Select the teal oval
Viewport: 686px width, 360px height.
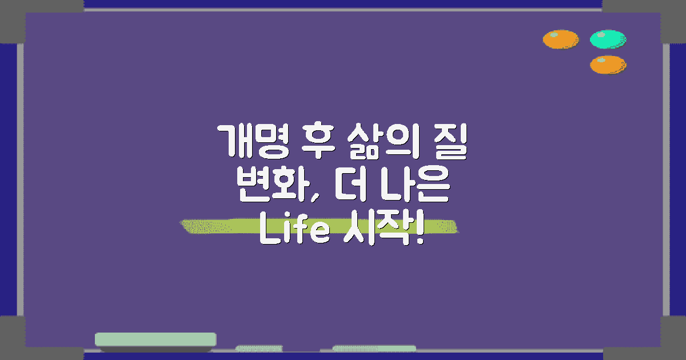tap(608, 39)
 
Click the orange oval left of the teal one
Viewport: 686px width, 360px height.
tap(560, 39)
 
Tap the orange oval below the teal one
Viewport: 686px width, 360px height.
tap(608, 65)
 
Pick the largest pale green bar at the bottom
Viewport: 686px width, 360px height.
tap(155, 339)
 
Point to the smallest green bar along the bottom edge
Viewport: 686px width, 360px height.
tap(259, 348)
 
